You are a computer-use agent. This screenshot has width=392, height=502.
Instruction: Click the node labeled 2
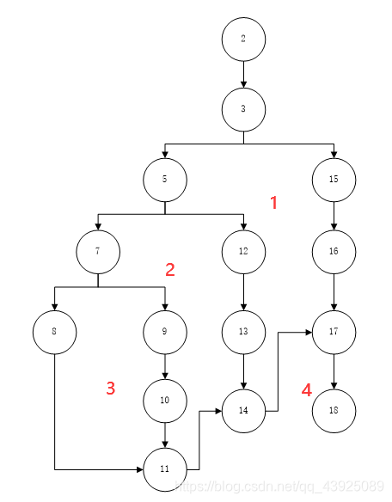[x=243, y=40]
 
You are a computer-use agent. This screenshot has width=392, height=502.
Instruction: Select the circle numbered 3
[x=243, y=109]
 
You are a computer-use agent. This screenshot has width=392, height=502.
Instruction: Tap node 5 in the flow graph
[x=165, y=181]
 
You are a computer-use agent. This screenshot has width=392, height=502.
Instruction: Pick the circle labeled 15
[x=334, y=181]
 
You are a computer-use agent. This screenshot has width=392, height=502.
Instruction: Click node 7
[x=97, y=252]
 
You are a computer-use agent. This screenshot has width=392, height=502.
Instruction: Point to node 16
[x=334, y=252]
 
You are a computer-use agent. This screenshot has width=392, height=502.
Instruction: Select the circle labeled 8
[x=54, y=330]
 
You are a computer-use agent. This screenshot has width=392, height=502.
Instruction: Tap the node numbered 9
[x=165, y=330]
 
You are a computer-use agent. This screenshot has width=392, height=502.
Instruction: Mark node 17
[x=334, y=330]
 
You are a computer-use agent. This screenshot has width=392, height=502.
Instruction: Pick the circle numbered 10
[x=165, y=401]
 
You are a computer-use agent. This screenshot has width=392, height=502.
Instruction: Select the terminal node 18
[x=334, y=410]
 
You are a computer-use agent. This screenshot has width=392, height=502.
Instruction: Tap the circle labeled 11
[x=165, y=469]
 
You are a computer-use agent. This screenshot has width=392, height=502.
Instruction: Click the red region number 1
[x=274, y=204]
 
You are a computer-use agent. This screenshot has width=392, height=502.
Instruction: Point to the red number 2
[x=170, y=270]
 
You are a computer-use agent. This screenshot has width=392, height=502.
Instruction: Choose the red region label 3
[x=111, y=389]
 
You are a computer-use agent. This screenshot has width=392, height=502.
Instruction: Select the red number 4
[x=307, y=390]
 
